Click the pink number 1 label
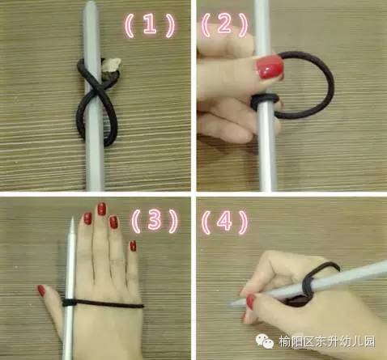click(150, 25)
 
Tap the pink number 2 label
click(224, 24)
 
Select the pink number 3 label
click(155, 221)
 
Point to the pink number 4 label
click(224, 221)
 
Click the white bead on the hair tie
click(113, 65)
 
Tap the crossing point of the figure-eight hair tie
click(95, 91)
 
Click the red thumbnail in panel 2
click(270, 67)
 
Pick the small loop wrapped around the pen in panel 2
click(266, 102)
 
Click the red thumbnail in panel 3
click(41, 290)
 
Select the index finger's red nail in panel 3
click(87, 218)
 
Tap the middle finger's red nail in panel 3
click(101, 209)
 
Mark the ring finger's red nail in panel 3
click(113, 222)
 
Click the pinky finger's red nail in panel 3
click(133, 246)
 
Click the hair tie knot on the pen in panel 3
click(69, 303)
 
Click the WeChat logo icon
click(263, 341)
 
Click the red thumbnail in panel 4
click(250, 302)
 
